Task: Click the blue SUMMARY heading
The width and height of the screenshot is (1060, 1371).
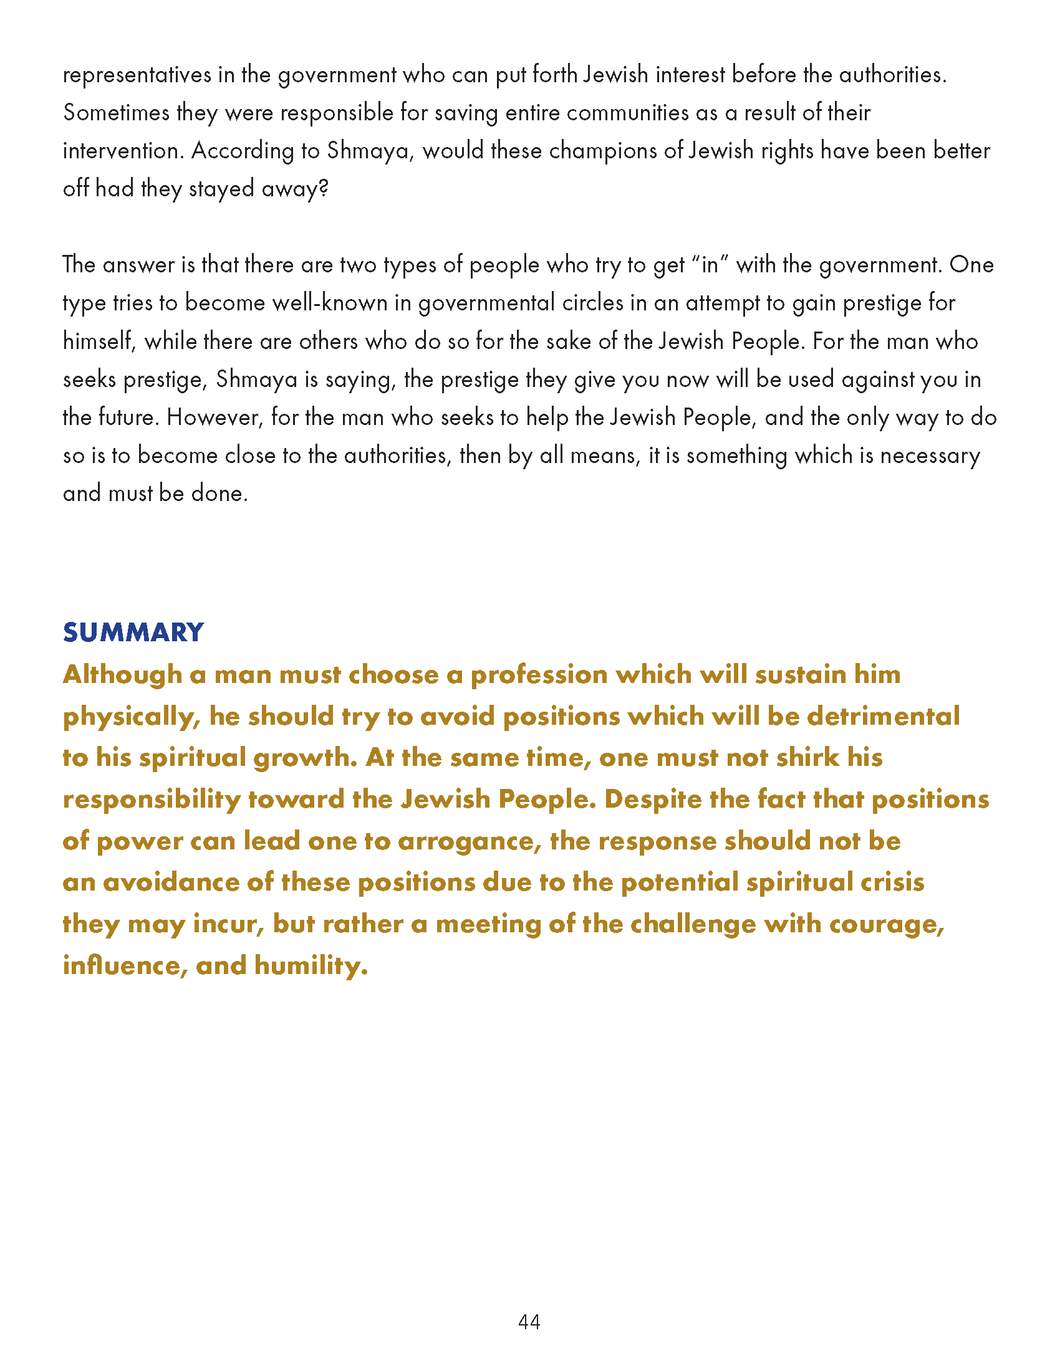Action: pyautogui.click(x=133, y=632)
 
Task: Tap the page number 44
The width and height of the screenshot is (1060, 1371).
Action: pyautogui.click(x=529, y=1321)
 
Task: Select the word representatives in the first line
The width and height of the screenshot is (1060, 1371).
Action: pyautogui.click(x=137, y=75)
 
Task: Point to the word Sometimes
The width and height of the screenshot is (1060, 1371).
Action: pyautogui.click(x=116, y=113)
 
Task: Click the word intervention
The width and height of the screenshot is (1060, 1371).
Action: pyautogui.click(x=122, y=151)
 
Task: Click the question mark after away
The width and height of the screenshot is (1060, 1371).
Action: pyautogui.click(x=324, y=189)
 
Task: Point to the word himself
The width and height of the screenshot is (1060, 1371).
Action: pyautogui.click(x=99, y=342)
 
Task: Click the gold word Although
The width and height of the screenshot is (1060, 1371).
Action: pyautogui.click(x=122, y=675)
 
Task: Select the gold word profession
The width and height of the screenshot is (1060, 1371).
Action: pyautogui.click(x=538, y=675)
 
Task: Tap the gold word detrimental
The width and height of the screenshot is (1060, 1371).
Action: pyautogui.click(x=883, y=716)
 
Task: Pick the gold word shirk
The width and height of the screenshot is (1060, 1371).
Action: pyautogui.click(x=807, y=758)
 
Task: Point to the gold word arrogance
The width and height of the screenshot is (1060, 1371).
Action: pyautogui.click(x=468, y=841)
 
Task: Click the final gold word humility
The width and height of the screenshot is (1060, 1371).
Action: pyautogui.click(x=311, y=965)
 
